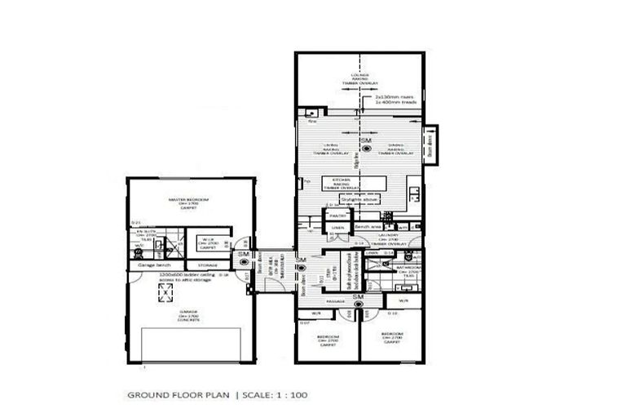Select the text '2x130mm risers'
(x=391, y=96)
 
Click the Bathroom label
(x=408, y=267)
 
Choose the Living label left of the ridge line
(x=331, y=148)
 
